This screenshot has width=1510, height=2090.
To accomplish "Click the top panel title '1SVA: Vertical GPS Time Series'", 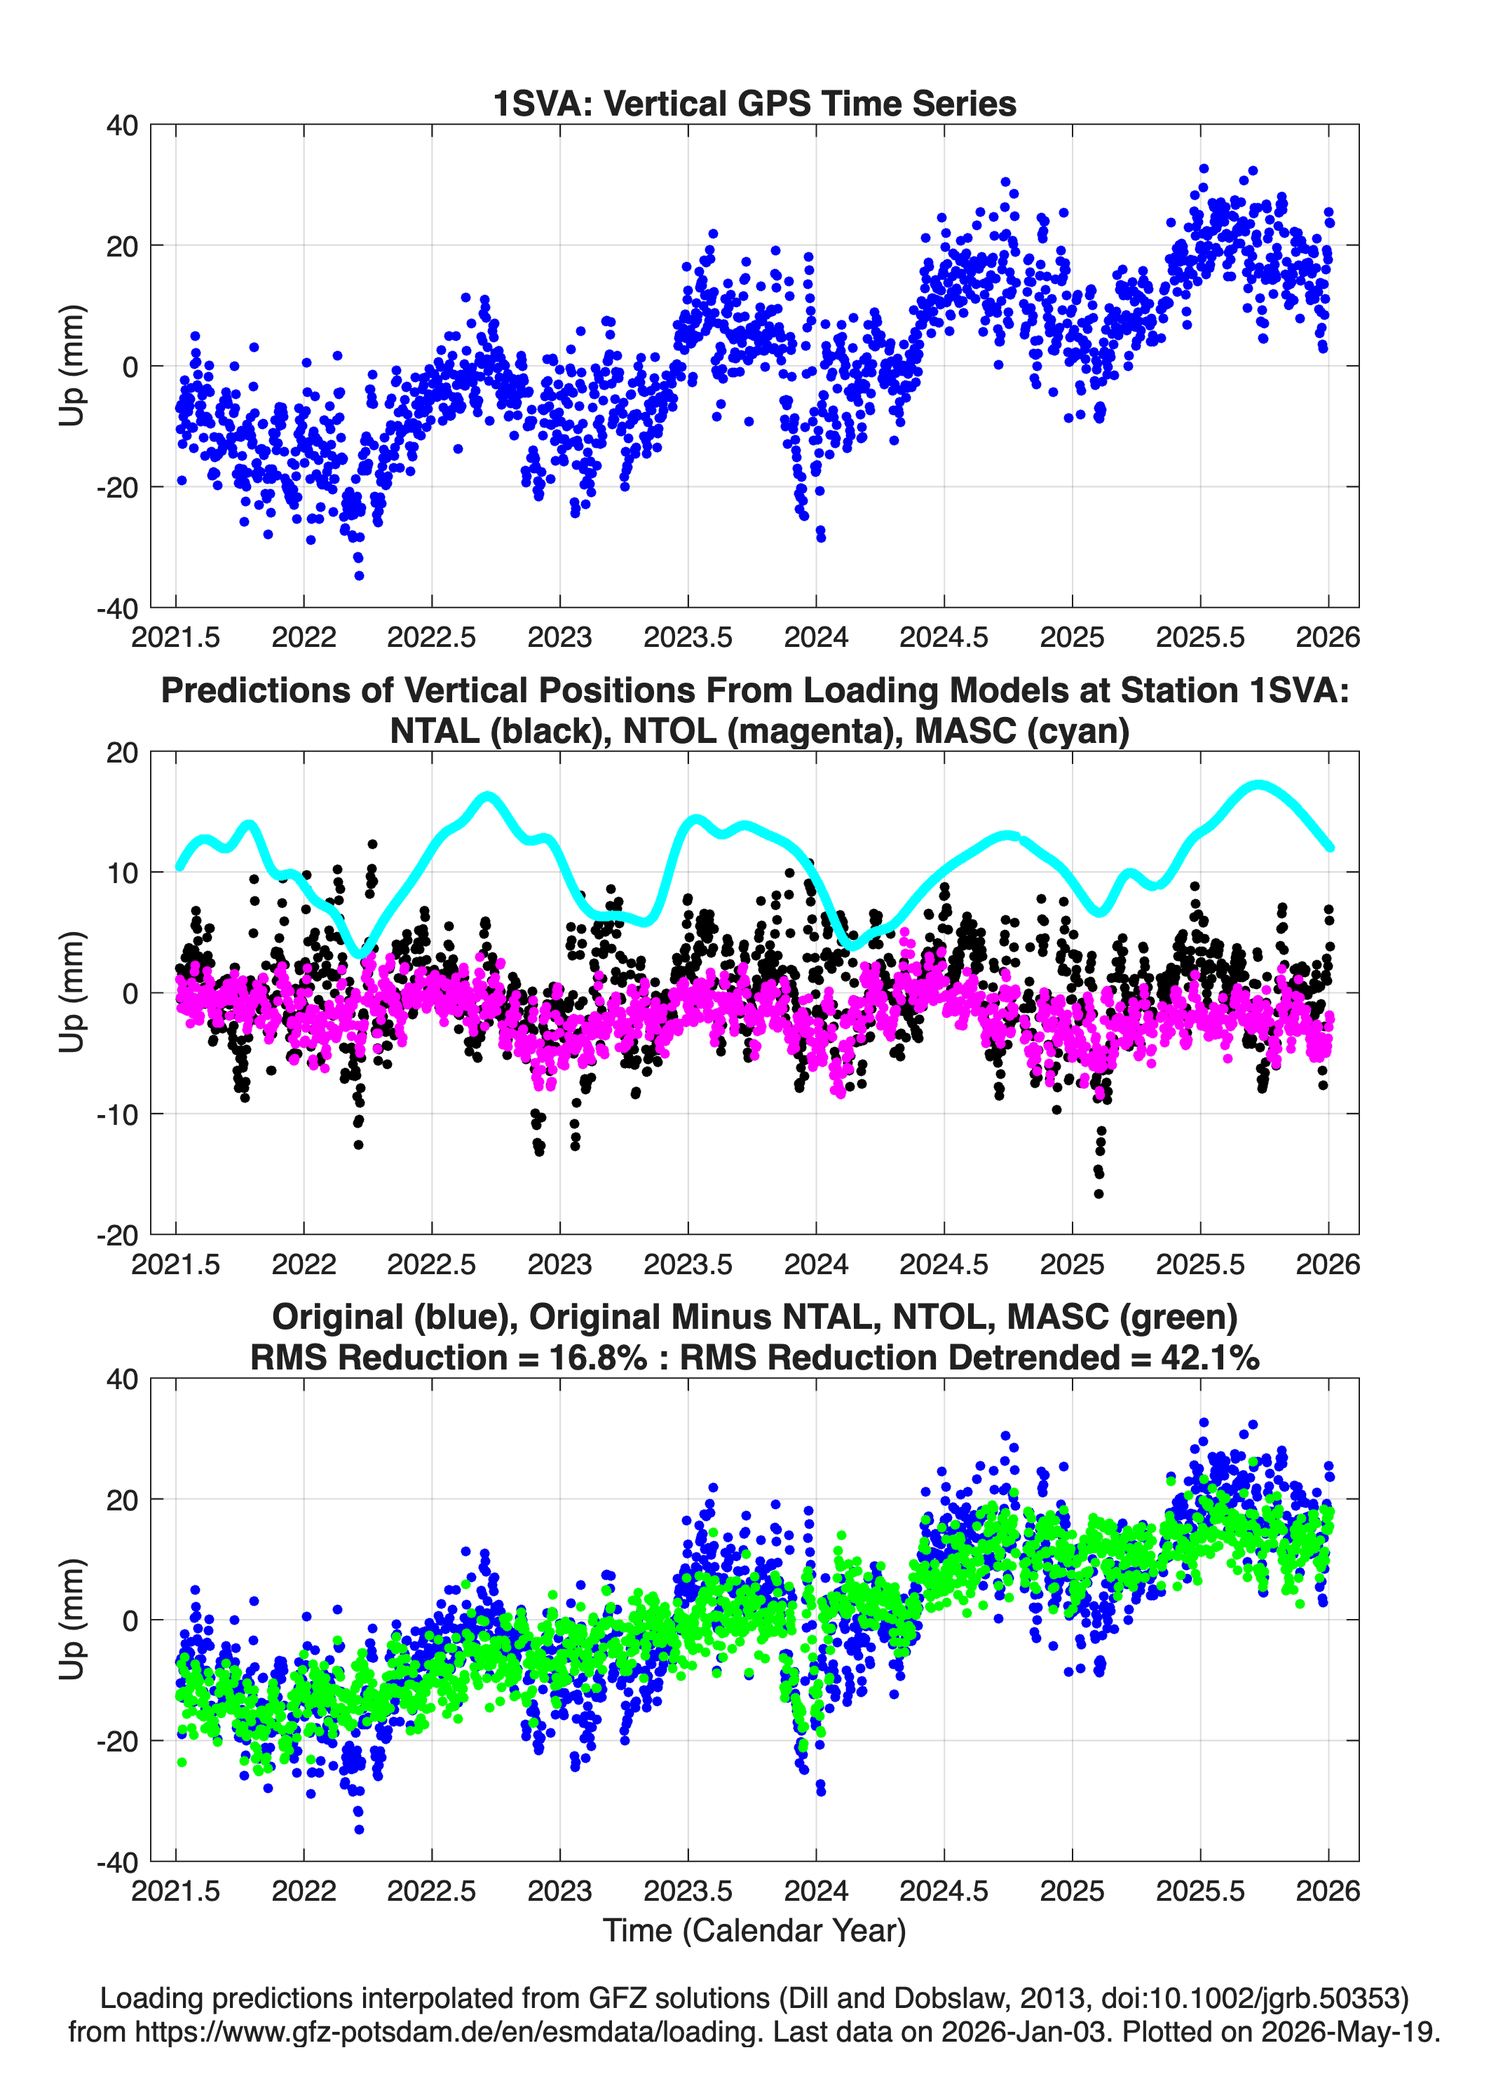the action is click(x=754, y=103).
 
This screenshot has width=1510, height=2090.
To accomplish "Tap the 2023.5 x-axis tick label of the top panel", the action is click(x=688, y=637).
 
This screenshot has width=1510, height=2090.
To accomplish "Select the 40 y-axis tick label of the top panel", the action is click(x=123, y=125).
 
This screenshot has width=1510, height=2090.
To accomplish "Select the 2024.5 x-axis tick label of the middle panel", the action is click(x=944, y=1264).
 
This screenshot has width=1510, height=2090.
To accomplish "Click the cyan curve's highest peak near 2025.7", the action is click(x=1259, y=785).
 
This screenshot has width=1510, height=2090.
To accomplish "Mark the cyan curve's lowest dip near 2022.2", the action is click(x=361, y=954).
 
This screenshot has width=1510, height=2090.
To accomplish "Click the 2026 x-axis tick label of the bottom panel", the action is click(x=1328, y=1891).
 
